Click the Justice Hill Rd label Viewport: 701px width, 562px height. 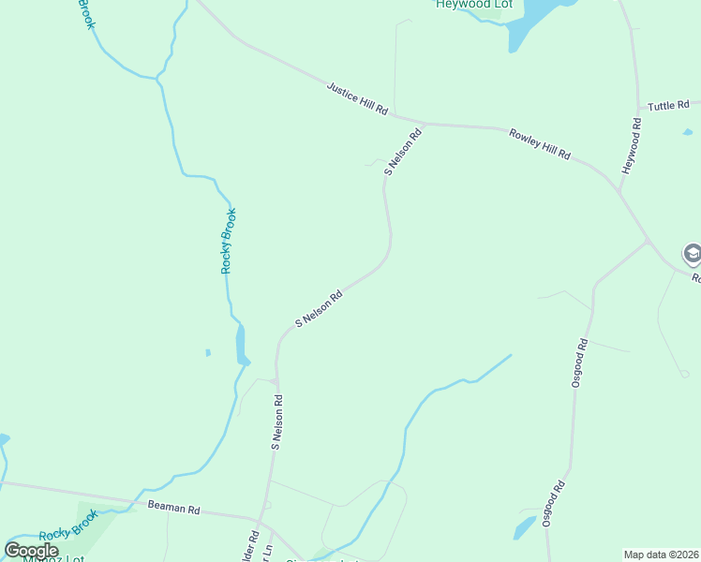(x=357, y=97)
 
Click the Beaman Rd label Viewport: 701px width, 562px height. (x=174, y=509)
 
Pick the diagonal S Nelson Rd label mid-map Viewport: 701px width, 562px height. (x=319, y=308)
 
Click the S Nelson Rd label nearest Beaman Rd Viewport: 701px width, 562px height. (x=277, y=422)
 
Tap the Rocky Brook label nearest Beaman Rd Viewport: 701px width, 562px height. (x=68, y=527)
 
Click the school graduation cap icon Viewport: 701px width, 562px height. (x=692, y=253)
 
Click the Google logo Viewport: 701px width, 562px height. (x=31, y=551)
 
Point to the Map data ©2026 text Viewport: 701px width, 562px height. (x=660, y=555)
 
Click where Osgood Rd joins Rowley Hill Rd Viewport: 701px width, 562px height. (x=648, y=243)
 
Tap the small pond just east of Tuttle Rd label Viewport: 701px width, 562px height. (x=688, y=132)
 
